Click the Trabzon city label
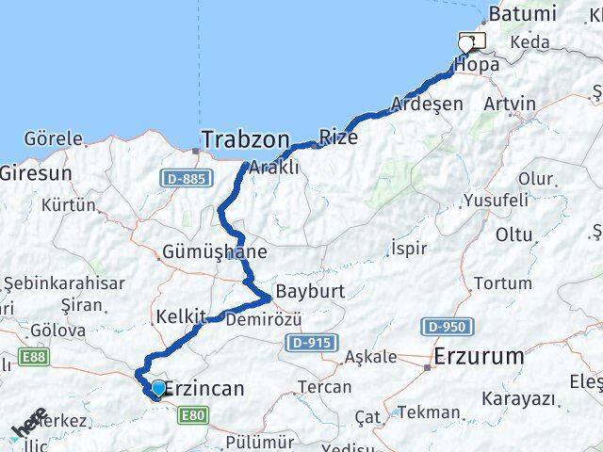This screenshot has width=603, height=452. point(244,139)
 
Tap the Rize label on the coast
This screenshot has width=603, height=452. point(338,137)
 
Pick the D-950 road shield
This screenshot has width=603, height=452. point(445,326)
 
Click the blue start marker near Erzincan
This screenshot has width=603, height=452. point(157,387)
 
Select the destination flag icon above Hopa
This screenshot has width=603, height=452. point(470,41)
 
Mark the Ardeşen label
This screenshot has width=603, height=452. point(427,103)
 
